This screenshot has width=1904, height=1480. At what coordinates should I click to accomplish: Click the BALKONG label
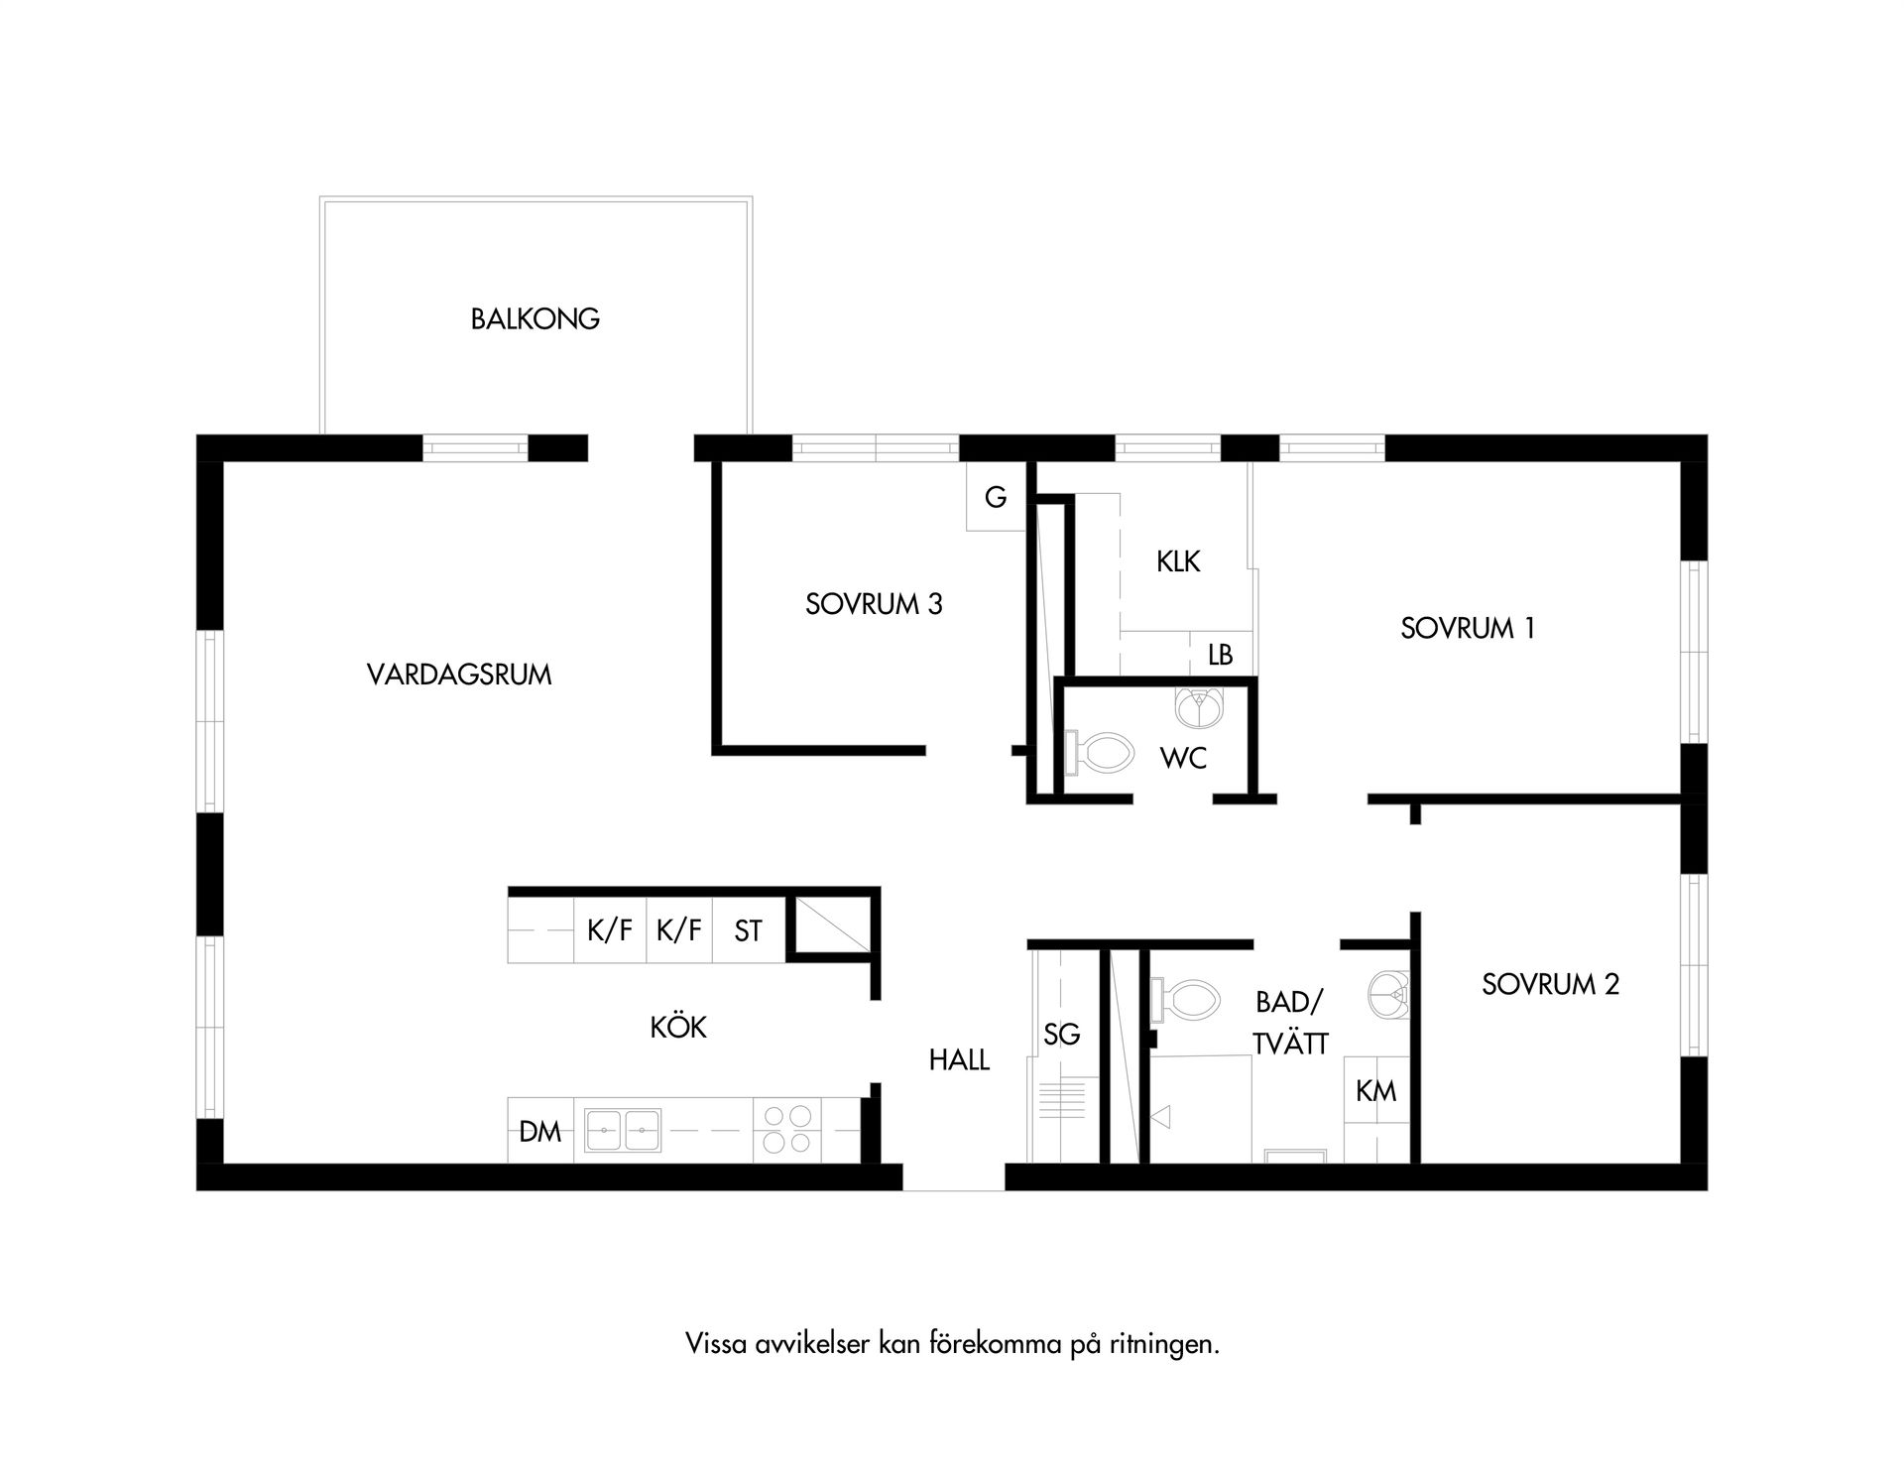click(x=535, y=319)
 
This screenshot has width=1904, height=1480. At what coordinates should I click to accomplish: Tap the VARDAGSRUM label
click(x=459, y=675)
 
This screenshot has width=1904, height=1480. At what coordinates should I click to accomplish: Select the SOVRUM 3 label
click(x=874, y=604)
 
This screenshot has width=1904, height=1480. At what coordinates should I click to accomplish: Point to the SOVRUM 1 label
click(x=1468, y=628)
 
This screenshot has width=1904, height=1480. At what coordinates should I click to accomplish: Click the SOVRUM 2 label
click(x=1551, y=984)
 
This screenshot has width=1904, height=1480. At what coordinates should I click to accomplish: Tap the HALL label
click(x=959, y=1060)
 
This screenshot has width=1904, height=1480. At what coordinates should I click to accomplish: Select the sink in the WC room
click(x=1201, y=706)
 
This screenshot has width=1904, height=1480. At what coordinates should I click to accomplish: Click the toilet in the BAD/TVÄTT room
click(x=1185, y=1001)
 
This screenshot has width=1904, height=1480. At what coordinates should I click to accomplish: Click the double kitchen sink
click(x=623, y=1130)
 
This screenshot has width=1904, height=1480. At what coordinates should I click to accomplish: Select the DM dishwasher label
click(x=540, y=1131)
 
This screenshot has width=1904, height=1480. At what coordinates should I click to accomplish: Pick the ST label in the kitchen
click(x=749, y=930)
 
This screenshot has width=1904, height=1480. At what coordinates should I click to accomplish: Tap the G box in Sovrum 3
click(x=996, y=496)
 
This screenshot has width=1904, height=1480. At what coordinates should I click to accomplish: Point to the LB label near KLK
click(x=1221, y=655)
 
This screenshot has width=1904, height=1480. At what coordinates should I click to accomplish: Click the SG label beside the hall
click(x=1062, y=1035)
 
